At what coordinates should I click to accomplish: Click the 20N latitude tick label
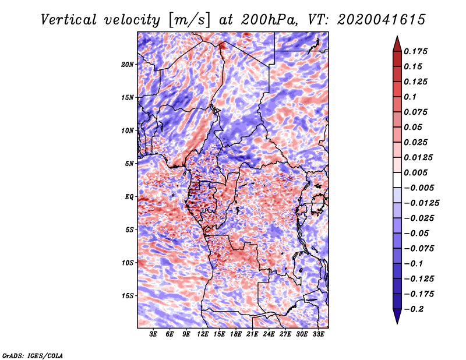click(128, 64)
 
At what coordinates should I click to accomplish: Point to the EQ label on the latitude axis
click(129, 197)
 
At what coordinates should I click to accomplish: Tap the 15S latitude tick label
click(128, 296)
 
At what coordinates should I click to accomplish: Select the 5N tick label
click(129, 164)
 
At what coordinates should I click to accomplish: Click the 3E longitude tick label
click(154, 335)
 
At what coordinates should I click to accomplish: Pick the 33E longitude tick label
click(318, 335)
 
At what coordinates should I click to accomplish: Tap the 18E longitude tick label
click(236, 335)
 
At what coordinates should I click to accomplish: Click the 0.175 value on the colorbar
click(418, 51)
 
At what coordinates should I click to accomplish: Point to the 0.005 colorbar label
click(418, 172)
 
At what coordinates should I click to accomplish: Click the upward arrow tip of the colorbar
click(396, 38)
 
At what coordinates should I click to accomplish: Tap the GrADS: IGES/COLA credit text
click(33, 355)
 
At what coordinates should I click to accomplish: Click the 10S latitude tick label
click(128, 263)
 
